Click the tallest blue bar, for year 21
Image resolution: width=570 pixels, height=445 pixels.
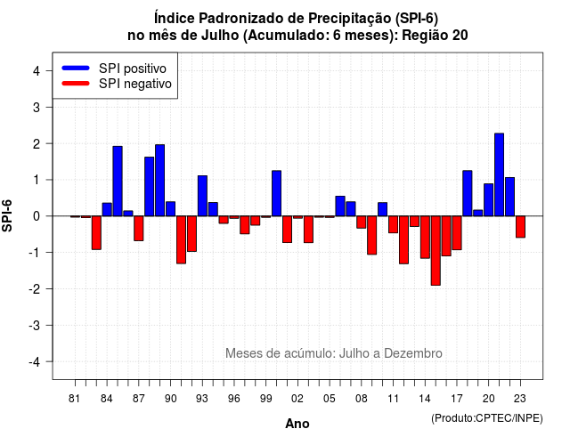click(x=499, y=174)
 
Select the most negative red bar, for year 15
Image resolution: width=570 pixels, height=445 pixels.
click(x=436, y=251)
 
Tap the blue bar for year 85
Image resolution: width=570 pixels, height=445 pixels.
click(x=118, y=182)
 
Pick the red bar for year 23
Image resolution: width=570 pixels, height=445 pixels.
click(x=520, y=227)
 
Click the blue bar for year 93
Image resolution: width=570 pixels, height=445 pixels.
click(x=202, y=196)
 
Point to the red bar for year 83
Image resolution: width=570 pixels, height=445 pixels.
click(x=96, y=233)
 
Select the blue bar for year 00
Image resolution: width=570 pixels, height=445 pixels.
click(x=277, y=193)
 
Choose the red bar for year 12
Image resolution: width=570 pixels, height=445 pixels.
click(x=403, y=239)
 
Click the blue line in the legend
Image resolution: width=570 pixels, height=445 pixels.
click(x=76, y=68)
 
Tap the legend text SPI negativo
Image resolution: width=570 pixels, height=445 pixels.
click(x=135, y=84)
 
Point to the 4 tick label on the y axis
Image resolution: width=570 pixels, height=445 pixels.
click(x=37, y=71)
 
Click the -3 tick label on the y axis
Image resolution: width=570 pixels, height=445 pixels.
click(x=35, y=326)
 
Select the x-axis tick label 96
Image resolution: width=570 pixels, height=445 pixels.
click(x=234, y=399)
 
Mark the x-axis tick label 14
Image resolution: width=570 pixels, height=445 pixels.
click(x=425, y=399)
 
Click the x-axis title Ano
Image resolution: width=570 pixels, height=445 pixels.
click(x=297, y=424)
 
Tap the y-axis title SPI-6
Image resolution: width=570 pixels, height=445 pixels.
click(x=7, y=215)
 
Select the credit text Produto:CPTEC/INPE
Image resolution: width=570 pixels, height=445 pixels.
click(x=487, y=418)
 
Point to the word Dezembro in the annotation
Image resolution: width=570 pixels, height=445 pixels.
click(x=413, y=353)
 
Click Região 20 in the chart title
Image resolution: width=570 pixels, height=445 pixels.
click(x=435, y=36)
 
